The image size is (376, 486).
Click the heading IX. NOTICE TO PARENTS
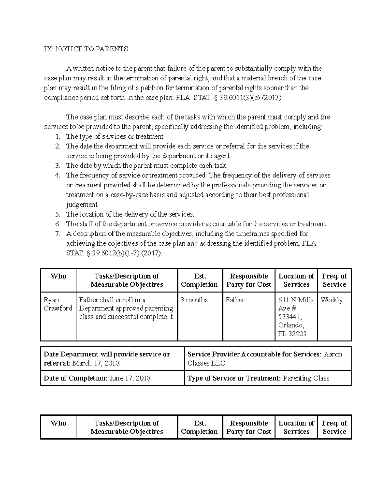[x=86, y=49]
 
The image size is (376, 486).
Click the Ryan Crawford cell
[x=58, y=304]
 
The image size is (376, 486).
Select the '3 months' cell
[x=194, y=300]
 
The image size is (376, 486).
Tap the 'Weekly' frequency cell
[x=332, y=300]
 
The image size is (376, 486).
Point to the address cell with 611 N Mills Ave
[x=295, y=317]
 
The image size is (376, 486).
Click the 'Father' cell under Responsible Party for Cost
[x=235, y=300]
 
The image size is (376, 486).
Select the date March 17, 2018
[x=96, y=363]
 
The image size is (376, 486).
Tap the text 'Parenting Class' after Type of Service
[x=306, y=378]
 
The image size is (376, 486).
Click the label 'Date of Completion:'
[x=75, y=378]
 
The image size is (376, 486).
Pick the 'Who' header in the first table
[x=58, y=276]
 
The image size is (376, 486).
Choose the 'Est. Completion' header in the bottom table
[x=199, y=427]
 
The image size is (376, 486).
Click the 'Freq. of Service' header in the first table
[x=334, y=280]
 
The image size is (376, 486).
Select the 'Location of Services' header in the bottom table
[x=296, y=427]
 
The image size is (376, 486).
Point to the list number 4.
[x=57, y=175]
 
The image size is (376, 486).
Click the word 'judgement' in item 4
[x=82, y=205]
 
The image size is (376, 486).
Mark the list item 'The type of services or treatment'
[x=115, y=136]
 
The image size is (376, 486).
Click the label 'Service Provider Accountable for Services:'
[x=254, y=354]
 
